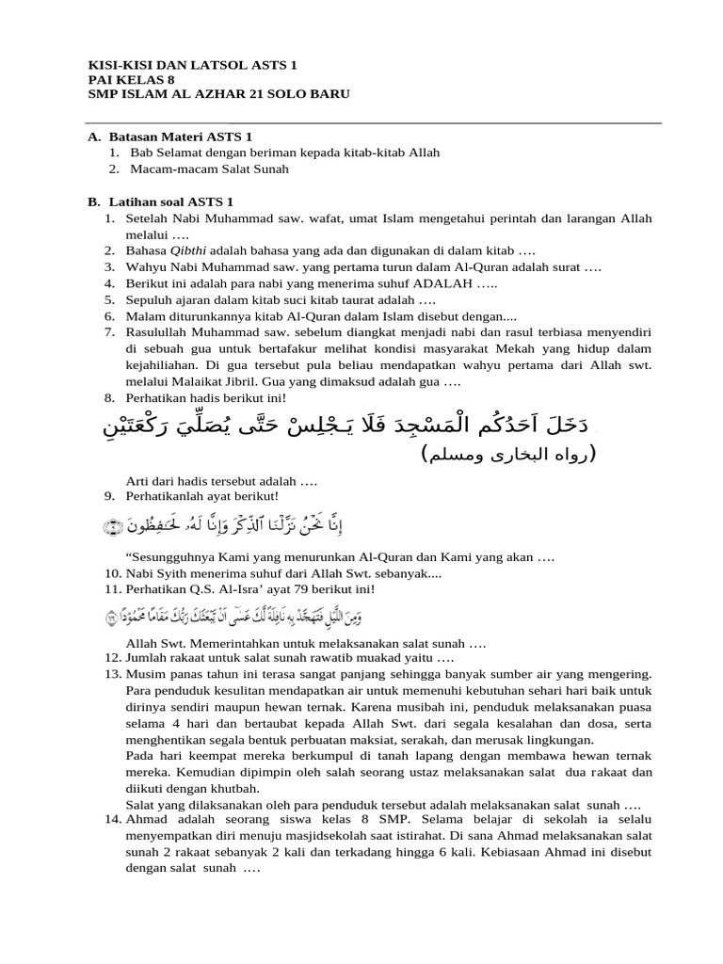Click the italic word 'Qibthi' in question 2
coord(190,251)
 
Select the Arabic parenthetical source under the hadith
coord(508,456)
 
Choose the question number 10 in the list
coord(113,572)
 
